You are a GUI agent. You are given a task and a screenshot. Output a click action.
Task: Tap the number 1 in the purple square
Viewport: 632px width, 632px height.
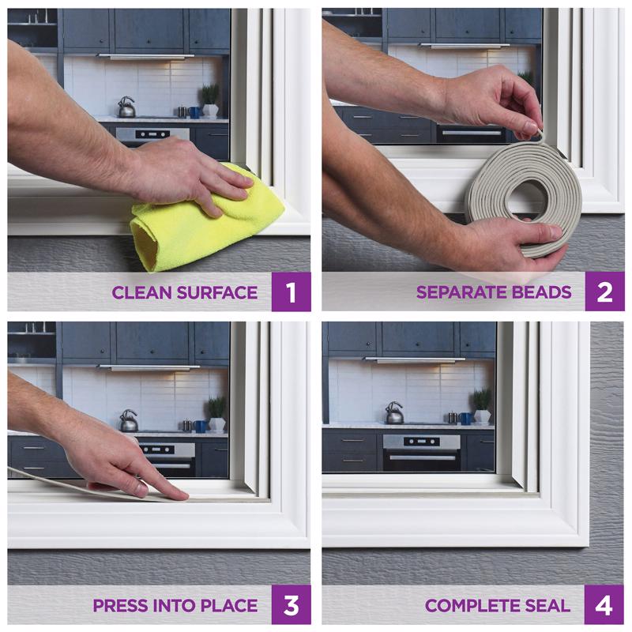pyautogui.click(x=291, y=292)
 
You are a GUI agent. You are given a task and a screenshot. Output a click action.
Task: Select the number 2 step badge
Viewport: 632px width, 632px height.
pyautogui.click(x=604, y=292)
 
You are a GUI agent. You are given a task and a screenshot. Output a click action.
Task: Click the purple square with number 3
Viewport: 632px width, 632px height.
pyautogui.click(x=291, y=605)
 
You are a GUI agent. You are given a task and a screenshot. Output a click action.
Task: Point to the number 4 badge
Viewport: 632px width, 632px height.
pyautogui.click(x=604, y=605)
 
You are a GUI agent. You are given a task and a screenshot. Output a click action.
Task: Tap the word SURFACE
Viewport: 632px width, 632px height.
pyautogui.click(x=214, y=293)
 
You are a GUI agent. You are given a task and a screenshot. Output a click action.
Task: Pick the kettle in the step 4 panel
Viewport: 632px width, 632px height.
pyautogui.click(x=393, y=413)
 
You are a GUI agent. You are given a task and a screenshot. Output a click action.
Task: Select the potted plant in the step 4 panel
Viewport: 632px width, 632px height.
pyautogui.click(x=481, y=404)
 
